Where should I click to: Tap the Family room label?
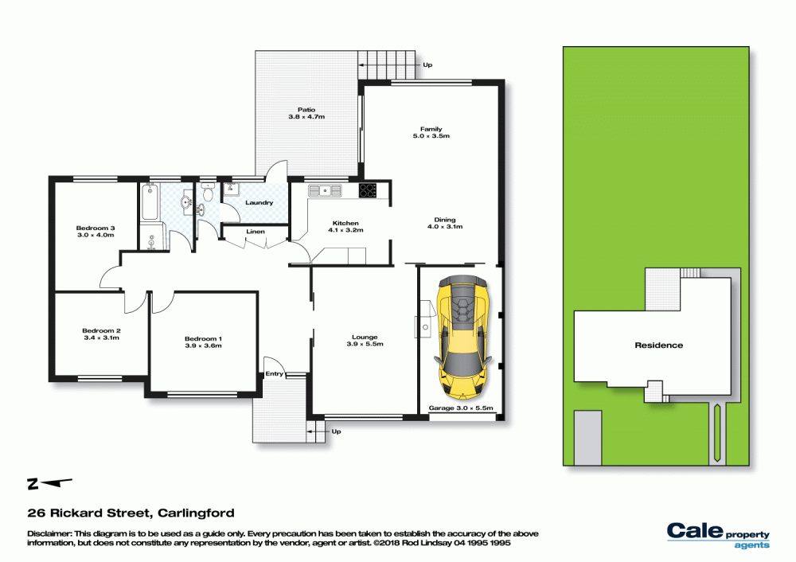431,133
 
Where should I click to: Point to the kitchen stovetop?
369,190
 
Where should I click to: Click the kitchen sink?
325,190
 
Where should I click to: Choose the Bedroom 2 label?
101,334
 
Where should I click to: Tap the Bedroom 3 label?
96,232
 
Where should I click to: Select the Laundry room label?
259,203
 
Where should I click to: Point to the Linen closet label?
256,232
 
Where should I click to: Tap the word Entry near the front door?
275,373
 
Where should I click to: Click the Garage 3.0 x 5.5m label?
462,408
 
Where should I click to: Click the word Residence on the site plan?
658,345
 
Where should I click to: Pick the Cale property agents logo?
717,535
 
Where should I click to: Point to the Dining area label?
444,224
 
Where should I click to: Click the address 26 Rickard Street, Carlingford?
131,513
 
